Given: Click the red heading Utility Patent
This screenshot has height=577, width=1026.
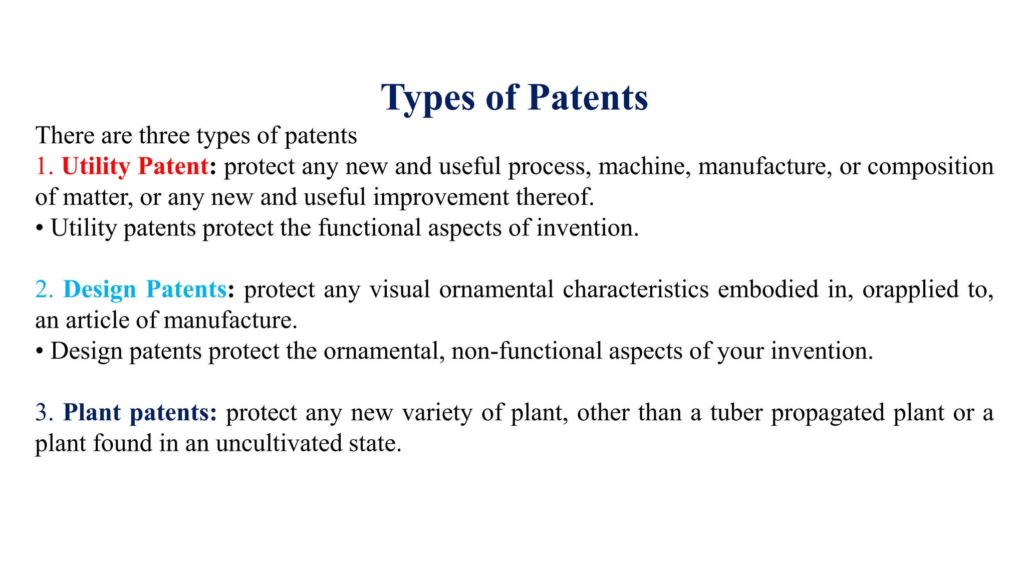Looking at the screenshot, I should (x=135, y=167).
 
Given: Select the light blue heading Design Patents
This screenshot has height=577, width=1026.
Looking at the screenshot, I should (x=145, y=290).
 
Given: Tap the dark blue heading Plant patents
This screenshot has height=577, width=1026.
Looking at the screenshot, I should (x=140, y=413).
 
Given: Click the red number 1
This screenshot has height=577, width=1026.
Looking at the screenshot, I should (x=43, y=167).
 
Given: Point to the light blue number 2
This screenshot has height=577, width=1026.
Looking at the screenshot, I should (x=44, y=290).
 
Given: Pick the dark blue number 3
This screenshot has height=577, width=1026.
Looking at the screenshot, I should (x=44, y=413).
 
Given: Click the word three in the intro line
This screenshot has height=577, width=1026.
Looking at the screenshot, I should (x=164, y=136).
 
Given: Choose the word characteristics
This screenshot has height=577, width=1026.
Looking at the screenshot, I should (x=635, y=290).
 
